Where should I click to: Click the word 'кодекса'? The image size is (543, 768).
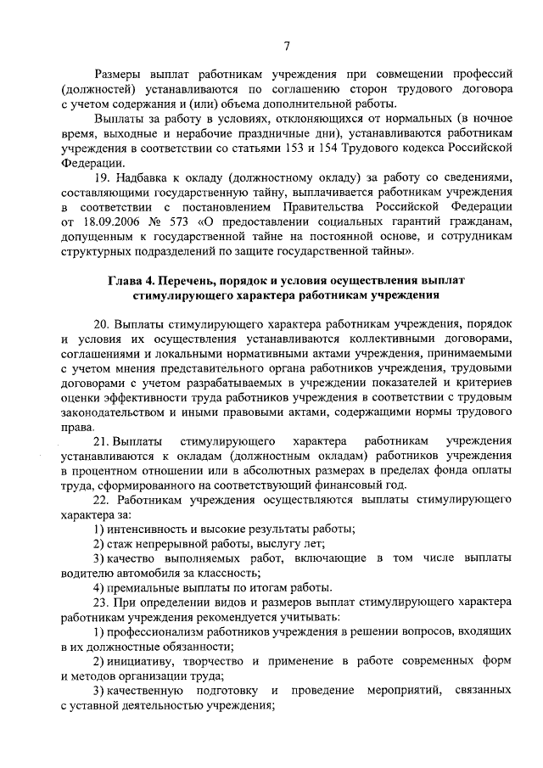click(423, 149)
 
